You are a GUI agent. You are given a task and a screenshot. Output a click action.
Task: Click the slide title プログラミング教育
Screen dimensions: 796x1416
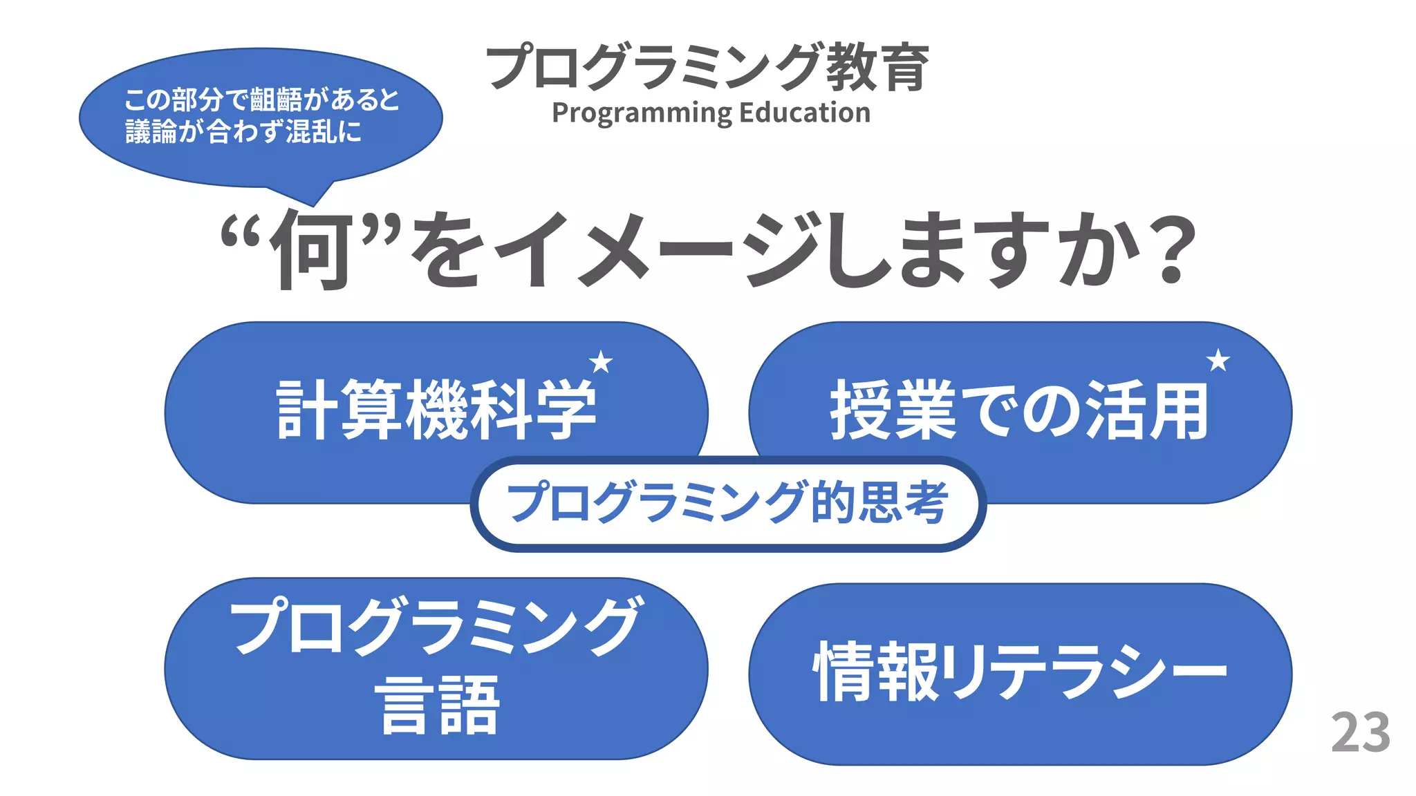point(707,67)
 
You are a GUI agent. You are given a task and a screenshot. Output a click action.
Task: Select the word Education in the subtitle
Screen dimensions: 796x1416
point(805,113)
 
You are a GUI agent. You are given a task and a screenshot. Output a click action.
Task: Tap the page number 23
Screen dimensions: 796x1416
point(1360,732)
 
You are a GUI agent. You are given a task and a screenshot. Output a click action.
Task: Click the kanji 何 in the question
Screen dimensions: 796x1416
point(311,250)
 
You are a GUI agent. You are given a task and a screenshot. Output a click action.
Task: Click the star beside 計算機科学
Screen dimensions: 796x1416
point(601,361)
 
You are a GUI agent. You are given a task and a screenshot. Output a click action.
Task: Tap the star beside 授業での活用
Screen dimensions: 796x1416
point(1218,360)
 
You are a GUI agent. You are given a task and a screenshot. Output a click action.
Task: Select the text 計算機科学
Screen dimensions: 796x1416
point(436,410)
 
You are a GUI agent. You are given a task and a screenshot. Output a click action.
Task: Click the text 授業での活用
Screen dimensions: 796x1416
point(1019,410)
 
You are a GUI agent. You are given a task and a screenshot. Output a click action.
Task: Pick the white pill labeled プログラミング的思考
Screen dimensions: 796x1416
point(727,503)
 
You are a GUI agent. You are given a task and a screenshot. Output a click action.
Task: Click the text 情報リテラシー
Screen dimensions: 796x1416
point(1020,671)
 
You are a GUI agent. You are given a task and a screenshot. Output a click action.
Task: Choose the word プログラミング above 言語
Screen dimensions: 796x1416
point(436,626)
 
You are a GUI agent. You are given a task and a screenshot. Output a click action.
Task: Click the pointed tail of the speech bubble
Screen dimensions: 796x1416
point(313,200)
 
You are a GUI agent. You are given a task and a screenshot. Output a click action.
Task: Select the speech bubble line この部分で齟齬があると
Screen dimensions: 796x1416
point(261,100)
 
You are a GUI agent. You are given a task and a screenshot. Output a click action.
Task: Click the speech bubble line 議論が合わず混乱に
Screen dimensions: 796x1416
point(243,131)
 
